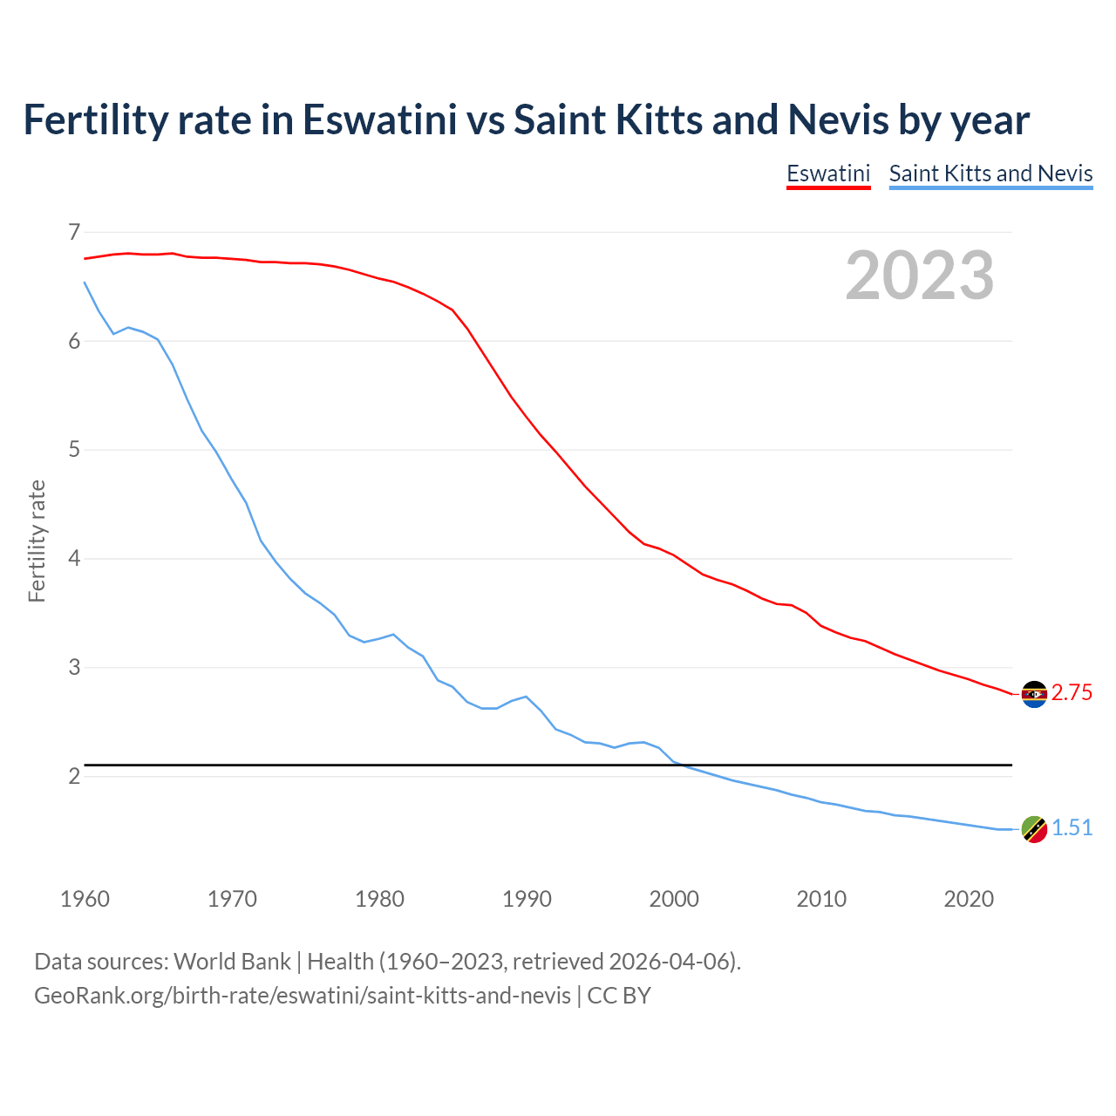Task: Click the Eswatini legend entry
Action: [828, 174]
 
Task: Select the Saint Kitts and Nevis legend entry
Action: [990, 174]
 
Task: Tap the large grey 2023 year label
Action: [920, 276]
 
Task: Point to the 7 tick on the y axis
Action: [74, 232]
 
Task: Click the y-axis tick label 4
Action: [74, 558]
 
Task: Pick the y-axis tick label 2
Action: [74, 776]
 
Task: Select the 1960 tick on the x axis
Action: [85, 899]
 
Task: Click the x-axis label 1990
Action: [527, 899]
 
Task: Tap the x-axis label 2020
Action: [969, 899]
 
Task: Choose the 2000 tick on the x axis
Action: [674, 899]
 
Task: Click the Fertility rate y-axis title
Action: [37, 541]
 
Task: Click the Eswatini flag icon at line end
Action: [1034, 694]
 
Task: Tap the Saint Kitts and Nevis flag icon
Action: [1034, 829]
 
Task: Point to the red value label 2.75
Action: [1072, 693]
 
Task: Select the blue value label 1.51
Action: [1072, 828]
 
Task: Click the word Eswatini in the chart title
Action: [379, 119]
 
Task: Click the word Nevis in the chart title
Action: [838, 119]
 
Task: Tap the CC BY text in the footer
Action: [619, 996]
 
